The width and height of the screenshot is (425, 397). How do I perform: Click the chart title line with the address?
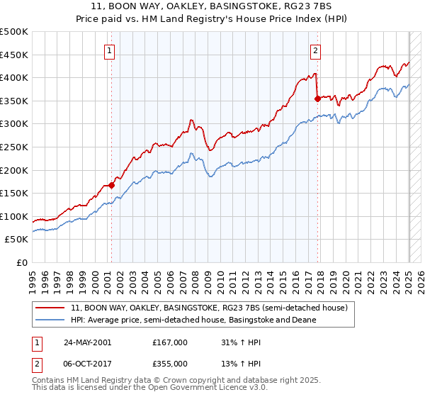(212, 8)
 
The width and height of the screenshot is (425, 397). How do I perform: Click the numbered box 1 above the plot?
(110, 50)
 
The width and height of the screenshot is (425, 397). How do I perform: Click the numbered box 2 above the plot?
(314, 50)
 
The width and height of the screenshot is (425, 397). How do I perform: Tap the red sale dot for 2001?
(111, 185)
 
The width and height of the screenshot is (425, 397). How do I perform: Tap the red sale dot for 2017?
(317, 99)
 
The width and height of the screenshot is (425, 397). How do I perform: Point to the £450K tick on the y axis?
(15, 55)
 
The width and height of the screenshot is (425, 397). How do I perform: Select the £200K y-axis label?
(15, 170)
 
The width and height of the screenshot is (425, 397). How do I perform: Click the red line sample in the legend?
(50, 308)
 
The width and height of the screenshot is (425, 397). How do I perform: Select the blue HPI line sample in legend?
(50, 320)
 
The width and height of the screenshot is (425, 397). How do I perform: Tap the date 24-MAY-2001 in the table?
(87, 342)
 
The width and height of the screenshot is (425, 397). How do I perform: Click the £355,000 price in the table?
(169, 364)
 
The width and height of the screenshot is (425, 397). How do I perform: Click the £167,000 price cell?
(169, 342)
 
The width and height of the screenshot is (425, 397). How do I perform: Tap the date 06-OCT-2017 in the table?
(87, 364)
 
